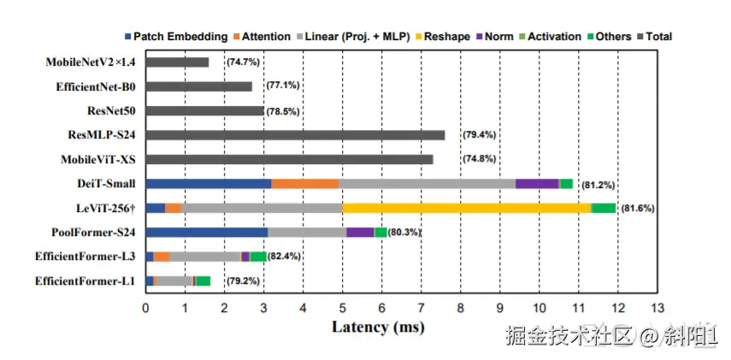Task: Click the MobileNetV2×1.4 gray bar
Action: [177, 62]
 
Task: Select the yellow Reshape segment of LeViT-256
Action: [466, 208]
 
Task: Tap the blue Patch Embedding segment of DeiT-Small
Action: [209, 183]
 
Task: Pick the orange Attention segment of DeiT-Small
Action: [305, 183]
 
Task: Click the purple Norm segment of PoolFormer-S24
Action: [360, 232]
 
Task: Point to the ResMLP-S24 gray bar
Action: [295, 135]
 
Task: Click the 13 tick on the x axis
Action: [657, 307]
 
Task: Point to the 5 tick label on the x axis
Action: [342, 307]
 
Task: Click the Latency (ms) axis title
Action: [378, 327]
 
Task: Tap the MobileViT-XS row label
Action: [98, 159]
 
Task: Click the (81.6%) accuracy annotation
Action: [639, 209]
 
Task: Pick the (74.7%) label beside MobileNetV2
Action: [243, 62]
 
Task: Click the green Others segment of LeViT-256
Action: [604, 208]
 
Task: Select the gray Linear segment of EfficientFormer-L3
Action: [205, 257]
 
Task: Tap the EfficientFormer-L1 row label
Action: [85, 280]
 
